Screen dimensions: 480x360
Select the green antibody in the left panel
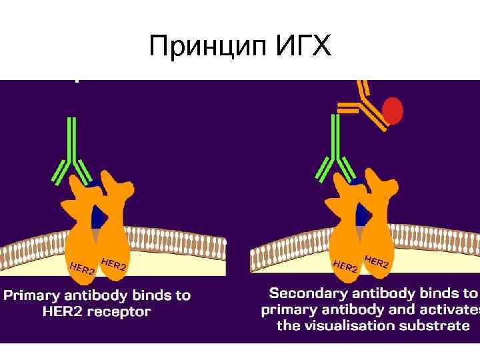73,154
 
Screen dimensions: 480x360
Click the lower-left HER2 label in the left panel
81,269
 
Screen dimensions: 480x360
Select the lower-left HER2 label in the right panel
345,265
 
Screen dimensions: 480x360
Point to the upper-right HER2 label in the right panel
376,261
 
